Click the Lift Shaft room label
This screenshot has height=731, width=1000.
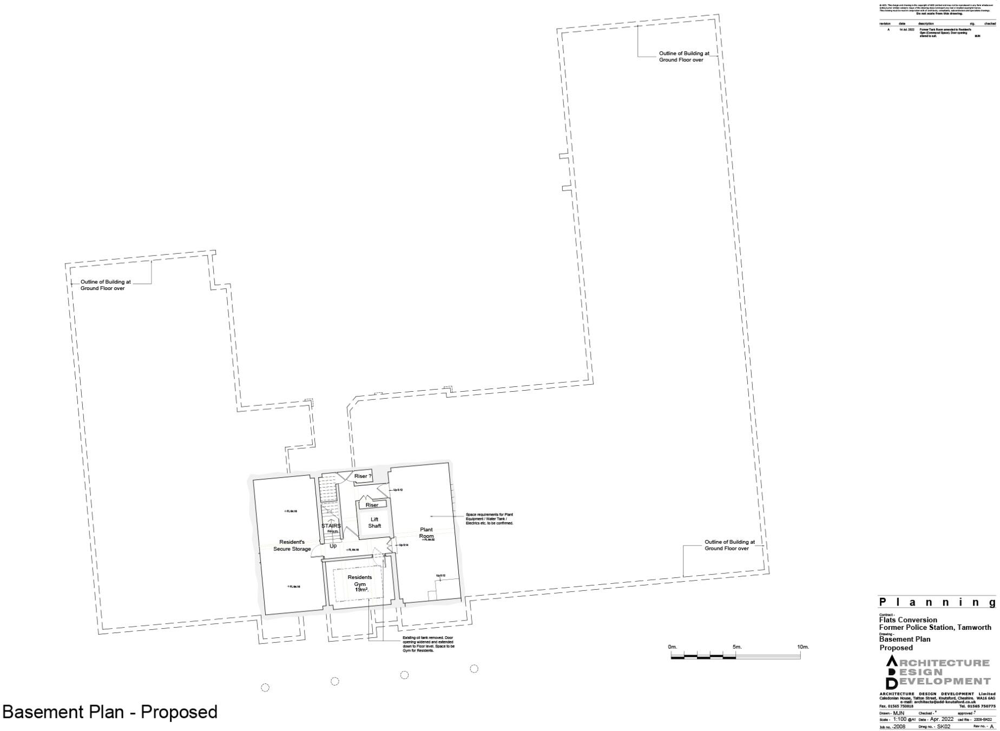pyautogui.click(x=374, y=523)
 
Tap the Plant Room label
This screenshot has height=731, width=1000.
pyautogui.click(x=426, y=532)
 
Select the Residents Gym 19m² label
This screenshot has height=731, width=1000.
pyautogui.click(x=359, y=583)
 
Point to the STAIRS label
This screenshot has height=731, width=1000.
pyautogui.click(x=331, y=526)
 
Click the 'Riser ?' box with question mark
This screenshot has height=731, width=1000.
pyautogui.click(x=363, y=476)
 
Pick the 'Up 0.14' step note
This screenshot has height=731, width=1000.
pyautogui.click(x=403, y=545)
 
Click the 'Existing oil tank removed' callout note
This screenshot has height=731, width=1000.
pyautogui.click(x=428, y=644)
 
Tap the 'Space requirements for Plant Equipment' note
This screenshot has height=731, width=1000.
pyautogui.click(x=489, y=519)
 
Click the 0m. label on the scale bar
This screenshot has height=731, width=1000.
pyautogui.click(x=672, y=647)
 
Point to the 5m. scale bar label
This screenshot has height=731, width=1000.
pyautogui.click(x=736, y=647)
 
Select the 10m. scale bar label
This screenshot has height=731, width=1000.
pyautogui.click(x=802, y=647)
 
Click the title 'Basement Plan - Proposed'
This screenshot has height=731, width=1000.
pyautogui.click(x=110, y=712)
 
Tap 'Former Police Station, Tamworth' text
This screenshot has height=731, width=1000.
pyautogui.click(x=935, y=628)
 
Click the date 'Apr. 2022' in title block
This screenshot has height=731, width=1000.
pyautogui.click(x=942, y=719)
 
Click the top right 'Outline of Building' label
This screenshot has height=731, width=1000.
pyautogui.click(x=683, y=57)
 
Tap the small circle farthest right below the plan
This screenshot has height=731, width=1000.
pyautogui.click(x=474, y=669)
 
